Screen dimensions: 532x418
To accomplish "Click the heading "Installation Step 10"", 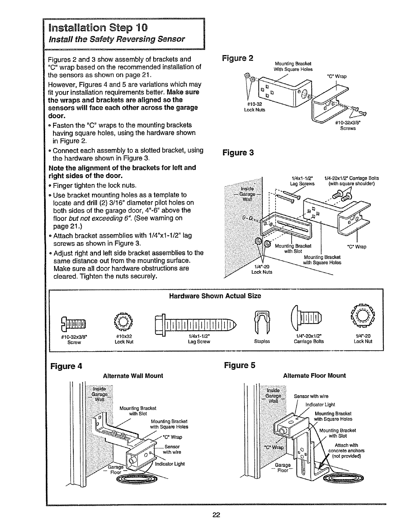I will [97, 27].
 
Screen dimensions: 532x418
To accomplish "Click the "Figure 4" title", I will [66, 365].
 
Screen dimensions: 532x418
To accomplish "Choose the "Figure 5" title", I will [240, 365].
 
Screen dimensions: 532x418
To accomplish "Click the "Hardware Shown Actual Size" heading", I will [215, 296].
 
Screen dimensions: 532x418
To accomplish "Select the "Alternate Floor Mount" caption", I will [314, 375].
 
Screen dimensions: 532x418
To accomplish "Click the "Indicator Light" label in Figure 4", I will [170, 464].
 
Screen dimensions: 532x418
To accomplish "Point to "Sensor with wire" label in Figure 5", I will [311, 396].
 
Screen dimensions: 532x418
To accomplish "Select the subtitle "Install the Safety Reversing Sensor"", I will [117, 39].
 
